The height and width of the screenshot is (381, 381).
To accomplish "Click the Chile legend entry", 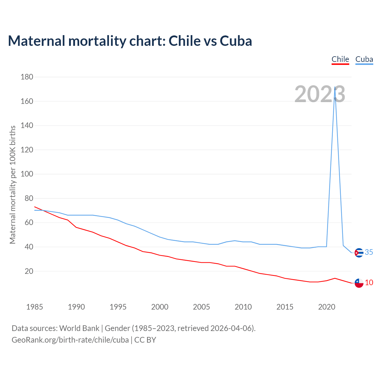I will coord(340,59).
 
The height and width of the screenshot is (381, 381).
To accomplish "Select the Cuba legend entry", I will coord(364,59).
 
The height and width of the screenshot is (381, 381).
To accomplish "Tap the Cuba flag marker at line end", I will coord(359,253).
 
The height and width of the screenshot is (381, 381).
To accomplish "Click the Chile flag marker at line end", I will coord(359,283).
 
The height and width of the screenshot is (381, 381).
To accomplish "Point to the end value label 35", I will coord(369,252).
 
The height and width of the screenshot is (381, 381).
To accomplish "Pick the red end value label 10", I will coord(369,282).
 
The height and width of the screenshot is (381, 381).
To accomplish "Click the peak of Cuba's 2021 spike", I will coord(335,87).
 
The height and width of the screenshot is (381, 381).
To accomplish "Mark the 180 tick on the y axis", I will coord(27,77).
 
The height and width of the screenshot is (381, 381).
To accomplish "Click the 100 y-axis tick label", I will coord(27,174).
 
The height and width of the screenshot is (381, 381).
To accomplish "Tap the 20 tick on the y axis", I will coord(29,271).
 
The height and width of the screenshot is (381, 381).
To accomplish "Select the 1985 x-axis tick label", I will coord(35,307).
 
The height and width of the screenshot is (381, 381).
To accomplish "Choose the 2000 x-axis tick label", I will coord(160,307).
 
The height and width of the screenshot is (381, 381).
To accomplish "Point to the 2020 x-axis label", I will coord(327,307).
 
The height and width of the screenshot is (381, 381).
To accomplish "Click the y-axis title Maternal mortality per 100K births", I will coord(13,185).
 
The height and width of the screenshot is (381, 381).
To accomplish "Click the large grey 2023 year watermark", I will coord(320,94).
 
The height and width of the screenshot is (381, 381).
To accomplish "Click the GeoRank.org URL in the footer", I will coord(70,340).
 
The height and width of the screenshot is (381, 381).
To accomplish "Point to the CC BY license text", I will coord(145,340).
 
